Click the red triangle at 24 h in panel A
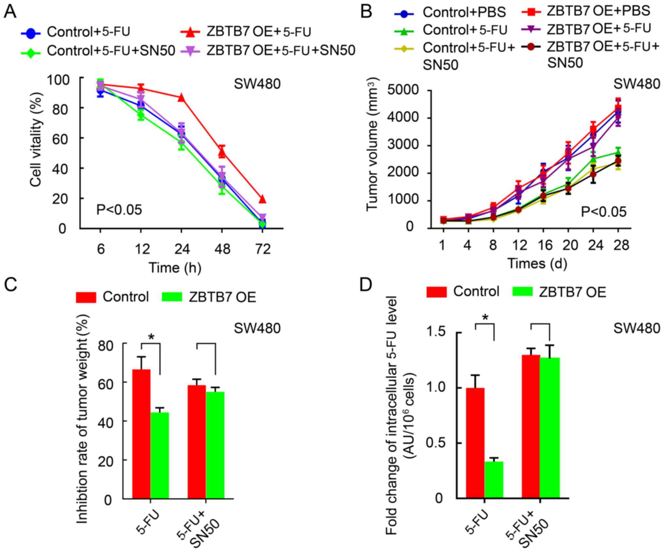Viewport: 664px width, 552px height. [181, 97]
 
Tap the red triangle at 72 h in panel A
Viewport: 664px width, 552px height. [262, 199]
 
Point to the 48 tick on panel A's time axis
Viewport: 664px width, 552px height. [222, 250]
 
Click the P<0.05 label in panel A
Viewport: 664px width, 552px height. [119, 210]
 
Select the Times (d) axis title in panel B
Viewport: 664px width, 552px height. [537, 264]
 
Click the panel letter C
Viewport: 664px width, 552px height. [10, 285]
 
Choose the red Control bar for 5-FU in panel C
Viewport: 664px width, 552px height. [141, 434]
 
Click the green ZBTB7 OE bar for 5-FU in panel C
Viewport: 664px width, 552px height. [160, 456]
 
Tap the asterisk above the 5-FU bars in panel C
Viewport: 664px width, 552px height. [151, 337]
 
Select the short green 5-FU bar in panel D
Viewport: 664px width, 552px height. [494, 480]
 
